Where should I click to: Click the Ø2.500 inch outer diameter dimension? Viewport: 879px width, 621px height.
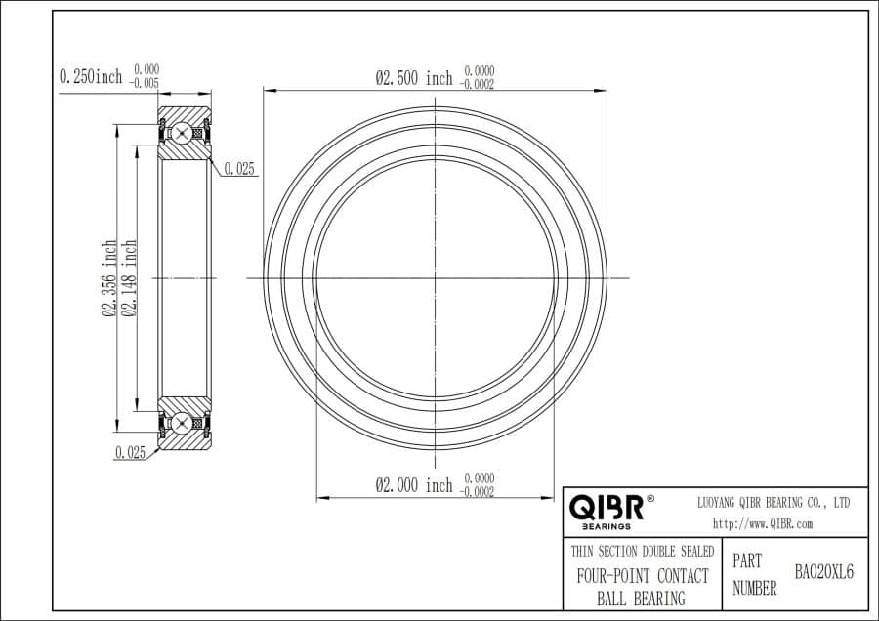(x=415, y=77)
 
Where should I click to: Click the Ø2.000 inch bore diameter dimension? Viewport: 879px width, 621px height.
(x=415, y=484)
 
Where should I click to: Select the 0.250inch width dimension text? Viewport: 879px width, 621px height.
(x=91, y=76)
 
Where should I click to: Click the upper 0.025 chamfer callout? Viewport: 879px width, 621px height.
(x=239, y=169)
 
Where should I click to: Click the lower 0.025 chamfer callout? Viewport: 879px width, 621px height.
(x=130, y=452)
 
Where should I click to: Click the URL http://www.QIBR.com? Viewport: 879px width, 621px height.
(x=763, y=523)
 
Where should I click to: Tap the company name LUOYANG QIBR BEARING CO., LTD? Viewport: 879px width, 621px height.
(x=773, y=502)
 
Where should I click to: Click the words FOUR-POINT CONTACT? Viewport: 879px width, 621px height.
(x=642, y=576)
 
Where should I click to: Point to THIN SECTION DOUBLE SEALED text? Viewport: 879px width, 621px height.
(x=642, y=552)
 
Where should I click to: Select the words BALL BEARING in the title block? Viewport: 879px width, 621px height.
(x=641, y=598)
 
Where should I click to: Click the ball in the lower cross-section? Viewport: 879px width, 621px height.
(x=181, y=423)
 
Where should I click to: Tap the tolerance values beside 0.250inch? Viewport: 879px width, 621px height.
(x=146, y=76)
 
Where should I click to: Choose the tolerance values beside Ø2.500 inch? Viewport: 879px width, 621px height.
(x=479, y=77)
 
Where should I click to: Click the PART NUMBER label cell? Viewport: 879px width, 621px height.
(x=754, y=575)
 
